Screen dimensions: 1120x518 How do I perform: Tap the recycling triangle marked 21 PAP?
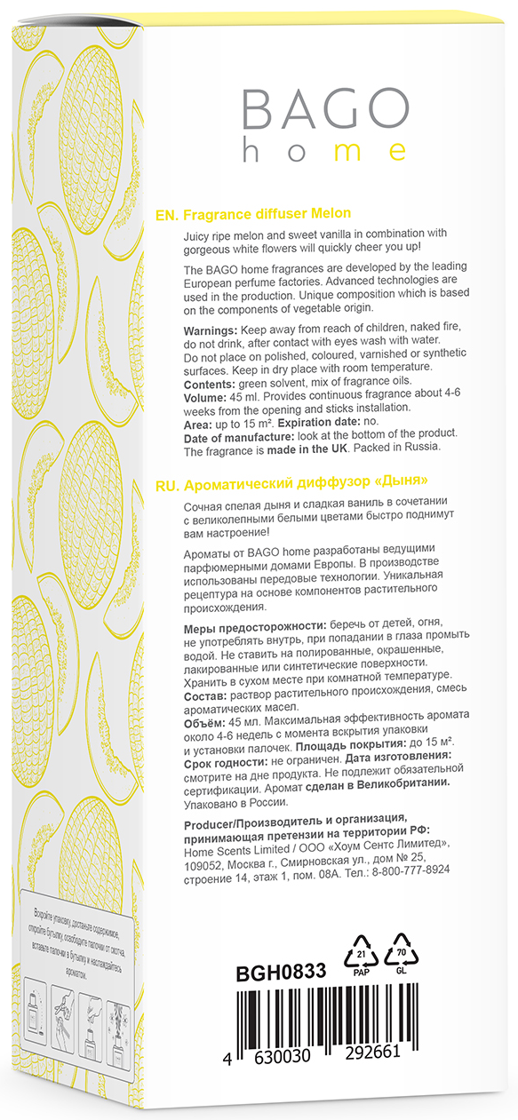361,955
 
